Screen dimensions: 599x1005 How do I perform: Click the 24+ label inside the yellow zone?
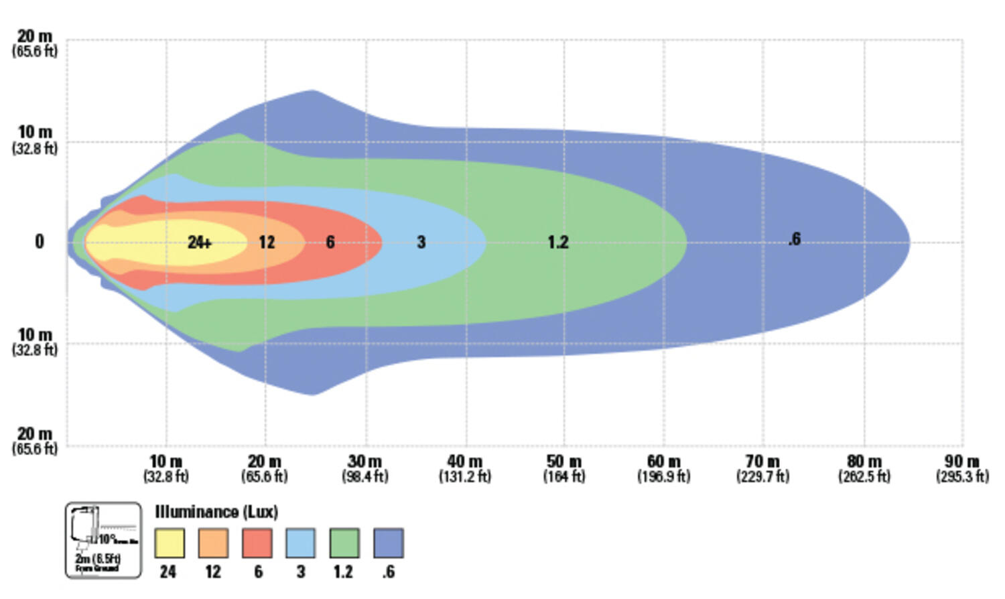click(x=200, y=242)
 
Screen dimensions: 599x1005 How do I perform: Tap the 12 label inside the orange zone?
click(x=267, y=242)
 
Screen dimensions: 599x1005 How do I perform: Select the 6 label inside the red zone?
click(x=330, y=242)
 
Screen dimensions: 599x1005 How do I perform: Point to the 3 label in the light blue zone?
click(x=421, y=242)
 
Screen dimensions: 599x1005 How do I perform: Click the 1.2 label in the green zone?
click(x=557, y=242)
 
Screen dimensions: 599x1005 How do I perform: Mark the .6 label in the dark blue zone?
click(x=794, y=239)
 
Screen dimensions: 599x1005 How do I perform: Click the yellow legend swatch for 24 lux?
click(x=170, y=543)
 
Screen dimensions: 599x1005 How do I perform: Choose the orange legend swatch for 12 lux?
click(x=213, y=543)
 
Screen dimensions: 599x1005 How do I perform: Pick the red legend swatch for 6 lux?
click(x=257, y=543)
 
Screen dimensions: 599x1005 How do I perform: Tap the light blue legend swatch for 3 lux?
click(x=301, y=543)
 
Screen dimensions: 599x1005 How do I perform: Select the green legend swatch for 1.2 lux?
click(x=344, y=543)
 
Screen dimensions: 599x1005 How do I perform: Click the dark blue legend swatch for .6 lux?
click(x=389, y=543)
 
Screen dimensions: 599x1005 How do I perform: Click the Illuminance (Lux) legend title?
click(x=216, y=512)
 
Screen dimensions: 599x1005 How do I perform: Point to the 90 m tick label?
click(x=962, y=462)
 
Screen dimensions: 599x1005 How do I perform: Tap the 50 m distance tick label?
click(x=564, y=462)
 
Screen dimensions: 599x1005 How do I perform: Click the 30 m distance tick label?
click(x=365, y=462)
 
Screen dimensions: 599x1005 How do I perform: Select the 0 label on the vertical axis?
click(x=40, y=242)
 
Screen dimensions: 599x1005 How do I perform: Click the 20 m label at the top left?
click(x=35, y=37)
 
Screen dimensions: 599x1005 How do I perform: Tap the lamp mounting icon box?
click(x=104, y=540)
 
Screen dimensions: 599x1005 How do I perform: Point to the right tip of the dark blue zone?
click(x=908, y=243)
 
